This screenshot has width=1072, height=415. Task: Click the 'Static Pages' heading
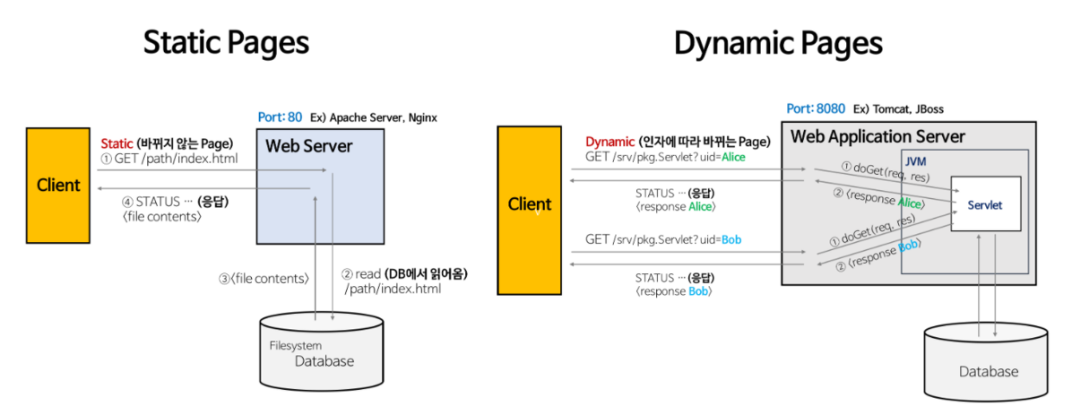(x=226, y=43)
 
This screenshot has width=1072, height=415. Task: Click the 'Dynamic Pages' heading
(x=778, y=43)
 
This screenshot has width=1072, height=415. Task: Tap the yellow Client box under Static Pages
(x=58, y=186)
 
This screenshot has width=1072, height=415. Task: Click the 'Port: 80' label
(x=280, y=117)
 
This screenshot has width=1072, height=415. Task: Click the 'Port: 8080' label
(x=815, y=108)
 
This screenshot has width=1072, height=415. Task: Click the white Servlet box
(x=984, y=205)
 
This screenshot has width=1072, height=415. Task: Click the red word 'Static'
(x=117, y=143)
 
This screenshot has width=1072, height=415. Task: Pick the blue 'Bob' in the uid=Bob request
(x=731, y=239)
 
